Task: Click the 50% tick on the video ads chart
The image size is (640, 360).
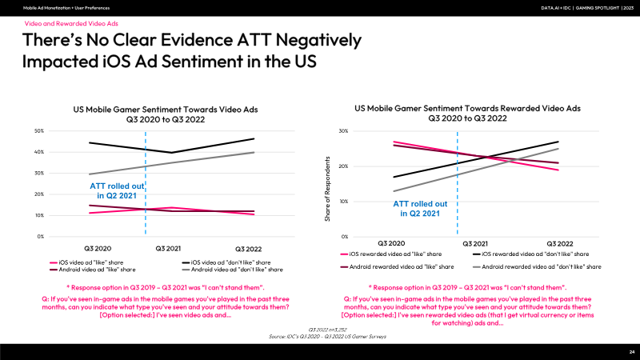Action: (x=39, y=131)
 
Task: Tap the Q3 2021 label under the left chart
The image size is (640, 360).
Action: (x=168, y=249)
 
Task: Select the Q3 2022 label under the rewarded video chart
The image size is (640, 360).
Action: (x=559, y=244)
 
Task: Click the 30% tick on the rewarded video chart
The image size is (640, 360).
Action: (x=343, y=131)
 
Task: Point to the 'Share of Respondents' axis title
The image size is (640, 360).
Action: (x=327, y=189)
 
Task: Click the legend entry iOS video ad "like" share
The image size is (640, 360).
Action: (x=86, y=262)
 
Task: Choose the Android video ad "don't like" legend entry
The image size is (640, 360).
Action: (x=232, y=270)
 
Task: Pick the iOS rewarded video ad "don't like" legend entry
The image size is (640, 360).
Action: (x=530, y=254)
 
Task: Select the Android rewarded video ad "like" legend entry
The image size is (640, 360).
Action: (x=397, y=266)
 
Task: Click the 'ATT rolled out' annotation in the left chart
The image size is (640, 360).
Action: (x=117, y=190)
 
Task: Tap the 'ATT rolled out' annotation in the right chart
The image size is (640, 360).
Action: (x=420, y=209)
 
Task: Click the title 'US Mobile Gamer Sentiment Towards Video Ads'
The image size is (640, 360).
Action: (x=166, y=110)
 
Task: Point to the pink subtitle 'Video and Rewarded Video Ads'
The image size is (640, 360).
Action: (x=71, y=24)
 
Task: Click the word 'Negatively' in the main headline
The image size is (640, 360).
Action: (x=318, y=41)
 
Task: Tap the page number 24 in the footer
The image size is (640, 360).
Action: (x=632, y=352)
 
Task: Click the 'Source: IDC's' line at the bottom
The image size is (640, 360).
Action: (x=327, y=336)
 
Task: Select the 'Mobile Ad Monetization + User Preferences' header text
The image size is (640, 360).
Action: (x=66, y=8)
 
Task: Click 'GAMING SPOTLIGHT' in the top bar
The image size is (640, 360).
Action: (x=597, y=8)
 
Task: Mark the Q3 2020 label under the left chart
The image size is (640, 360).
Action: (x=98, y=249)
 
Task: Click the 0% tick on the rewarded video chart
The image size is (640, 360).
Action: (x=345, y=236)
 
